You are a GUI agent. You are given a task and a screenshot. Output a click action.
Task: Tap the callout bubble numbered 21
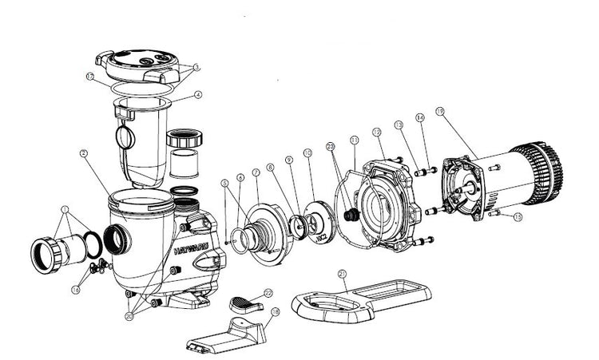pyautogui.click(x=342, y=274)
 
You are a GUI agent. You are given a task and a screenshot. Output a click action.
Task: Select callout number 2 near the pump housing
pyautogui.click(x=82, y=152)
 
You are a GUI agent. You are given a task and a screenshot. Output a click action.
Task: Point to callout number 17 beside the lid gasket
pyautogui.click(x=91, y=77)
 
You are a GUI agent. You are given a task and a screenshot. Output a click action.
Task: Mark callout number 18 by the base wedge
pyautogui.click(x=276, y=314)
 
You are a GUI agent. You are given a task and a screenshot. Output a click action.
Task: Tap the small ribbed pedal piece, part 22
pyautogui.click(x=245, y=303)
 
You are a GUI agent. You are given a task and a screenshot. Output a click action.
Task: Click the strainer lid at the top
pyautogui.click(x=142, y=62)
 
